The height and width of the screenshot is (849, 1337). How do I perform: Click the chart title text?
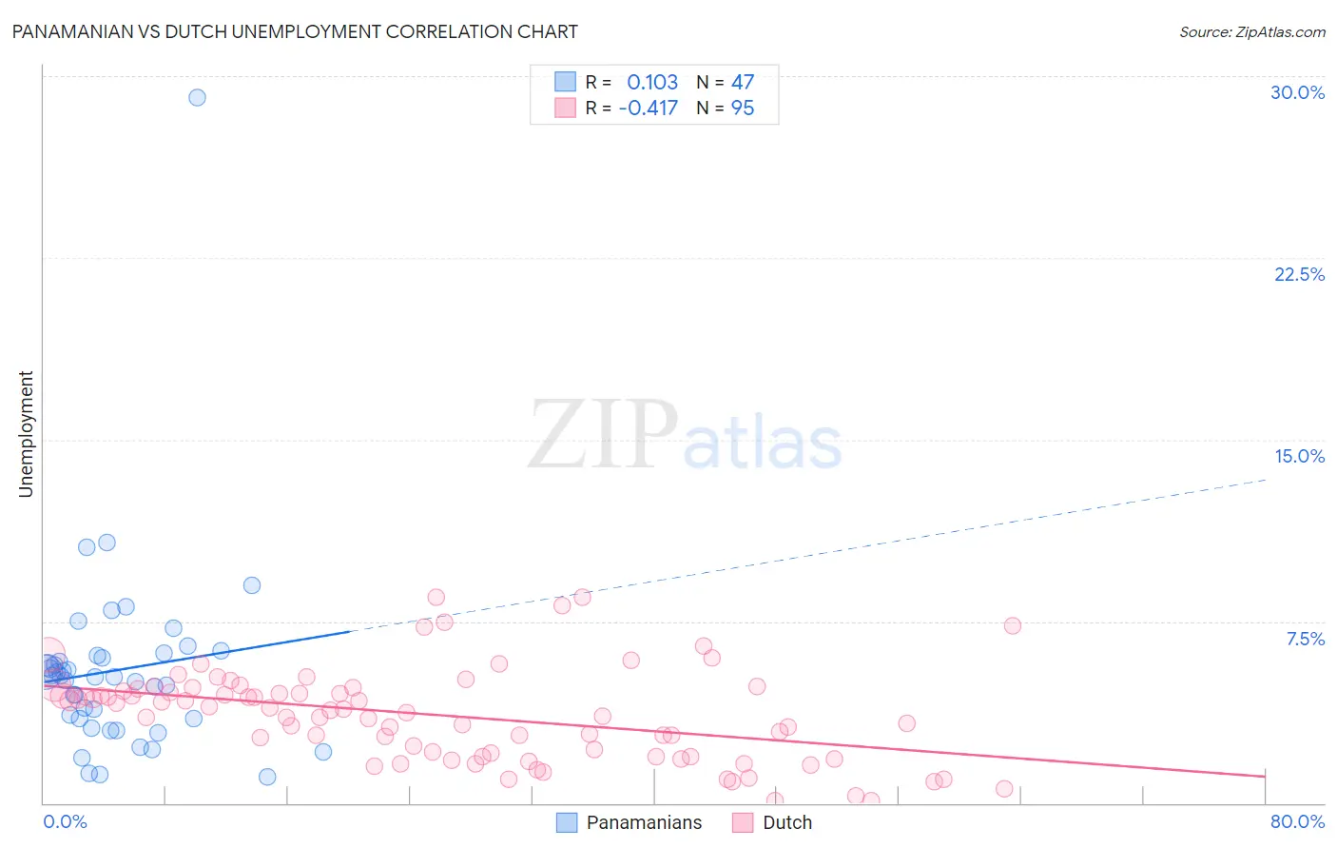coord(295,32)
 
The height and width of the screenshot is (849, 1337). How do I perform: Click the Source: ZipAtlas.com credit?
coord(1251,32)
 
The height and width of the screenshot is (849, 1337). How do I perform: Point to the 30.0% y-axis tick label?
coord(1297,92)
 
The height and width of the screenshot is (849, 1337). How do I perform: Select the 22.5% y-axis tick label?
coord(1299,274)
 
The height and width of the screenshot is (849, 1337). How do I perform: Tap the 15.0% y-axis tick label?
coord(1299,456)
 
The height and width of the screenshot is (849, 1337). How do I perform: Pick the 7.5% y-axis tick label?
coord(1305,639)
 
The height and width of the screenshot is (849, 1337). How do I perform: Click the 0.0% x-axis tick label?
coord(65,821)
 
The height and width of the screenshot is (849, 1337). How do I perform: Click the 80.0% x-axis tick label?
coord(1297,821)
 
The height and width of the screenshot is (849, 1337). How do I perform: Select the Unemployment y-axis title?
coord(27,434)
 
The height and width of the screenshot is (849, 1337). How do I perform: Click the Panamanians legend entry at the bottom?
coord(644,822)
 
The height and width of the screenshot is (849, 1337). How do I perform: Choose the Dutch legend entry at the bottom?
coord(786,822)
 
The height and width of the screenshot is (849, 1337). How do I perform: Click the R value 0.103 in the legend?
coord(652,82)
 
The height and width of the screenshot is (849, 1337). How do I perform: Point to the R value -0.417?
coord(648,108)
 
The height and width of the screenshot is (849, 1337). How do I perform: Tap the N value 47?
coord(743,82)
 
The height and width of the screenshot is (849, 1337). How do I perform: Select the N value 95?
coord(743,108)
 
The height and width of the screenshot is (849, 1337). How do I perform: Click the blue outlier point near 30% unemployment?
coord(197,97)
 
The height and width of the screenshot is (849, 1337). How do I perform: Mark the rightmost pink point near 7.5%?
coord(1012,625)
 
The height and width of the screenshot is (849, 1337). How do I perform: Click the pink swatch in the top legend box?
coord(566,108)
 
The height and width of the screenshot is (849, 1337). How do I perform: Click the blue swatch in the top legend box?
coord(566,82)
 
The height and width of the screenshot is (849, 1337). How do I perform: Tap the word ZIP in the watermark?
coord(602,436)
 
